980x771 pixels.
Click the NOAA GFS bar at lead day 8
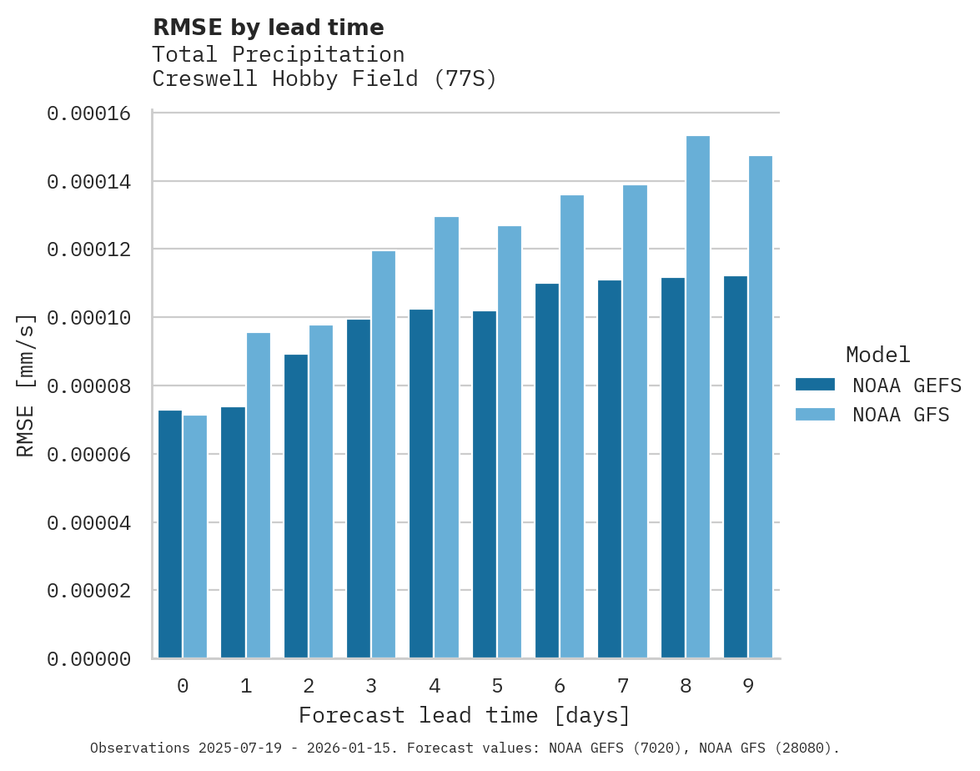[x=698, y=396]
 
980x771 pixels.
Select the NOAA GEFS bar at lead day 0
[x=170, y=534]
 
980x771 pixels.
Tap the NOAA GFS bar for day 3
[x=384, y=454]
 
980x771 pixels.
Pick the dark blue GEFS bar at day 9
[x=736, y=466]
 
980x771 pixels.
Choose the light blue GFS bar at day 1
[x=258, y=496]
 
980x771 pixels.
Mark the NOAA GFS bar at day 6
[x=572, y=426]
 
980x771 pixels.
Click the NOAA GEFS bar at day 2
[x=296, y=506]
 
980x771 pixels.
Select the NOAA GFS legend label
[x=901, y=415]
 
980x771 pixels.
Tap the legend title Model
[x=877, y=355]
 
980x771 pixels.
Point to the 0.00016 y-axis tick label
[x=89, y=113]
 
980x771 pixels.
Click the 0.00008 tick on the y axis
[x=89, y=386]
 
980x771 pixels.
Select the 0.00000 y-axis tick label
[x=89, y=659]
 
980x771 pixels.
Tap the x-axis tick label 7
[x=623, y=686]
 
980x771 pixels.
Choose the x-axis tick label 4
[x=435, y=686]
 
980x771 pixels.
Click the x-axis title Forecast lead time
[x=465, y=716]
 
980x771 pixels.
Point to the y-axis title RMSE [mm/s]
[x=26, y=385]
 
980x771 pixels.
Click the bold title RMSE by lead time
[x=269, y=28]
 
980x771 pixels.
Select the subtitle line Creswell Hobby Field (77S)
[x=324, y=79]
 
